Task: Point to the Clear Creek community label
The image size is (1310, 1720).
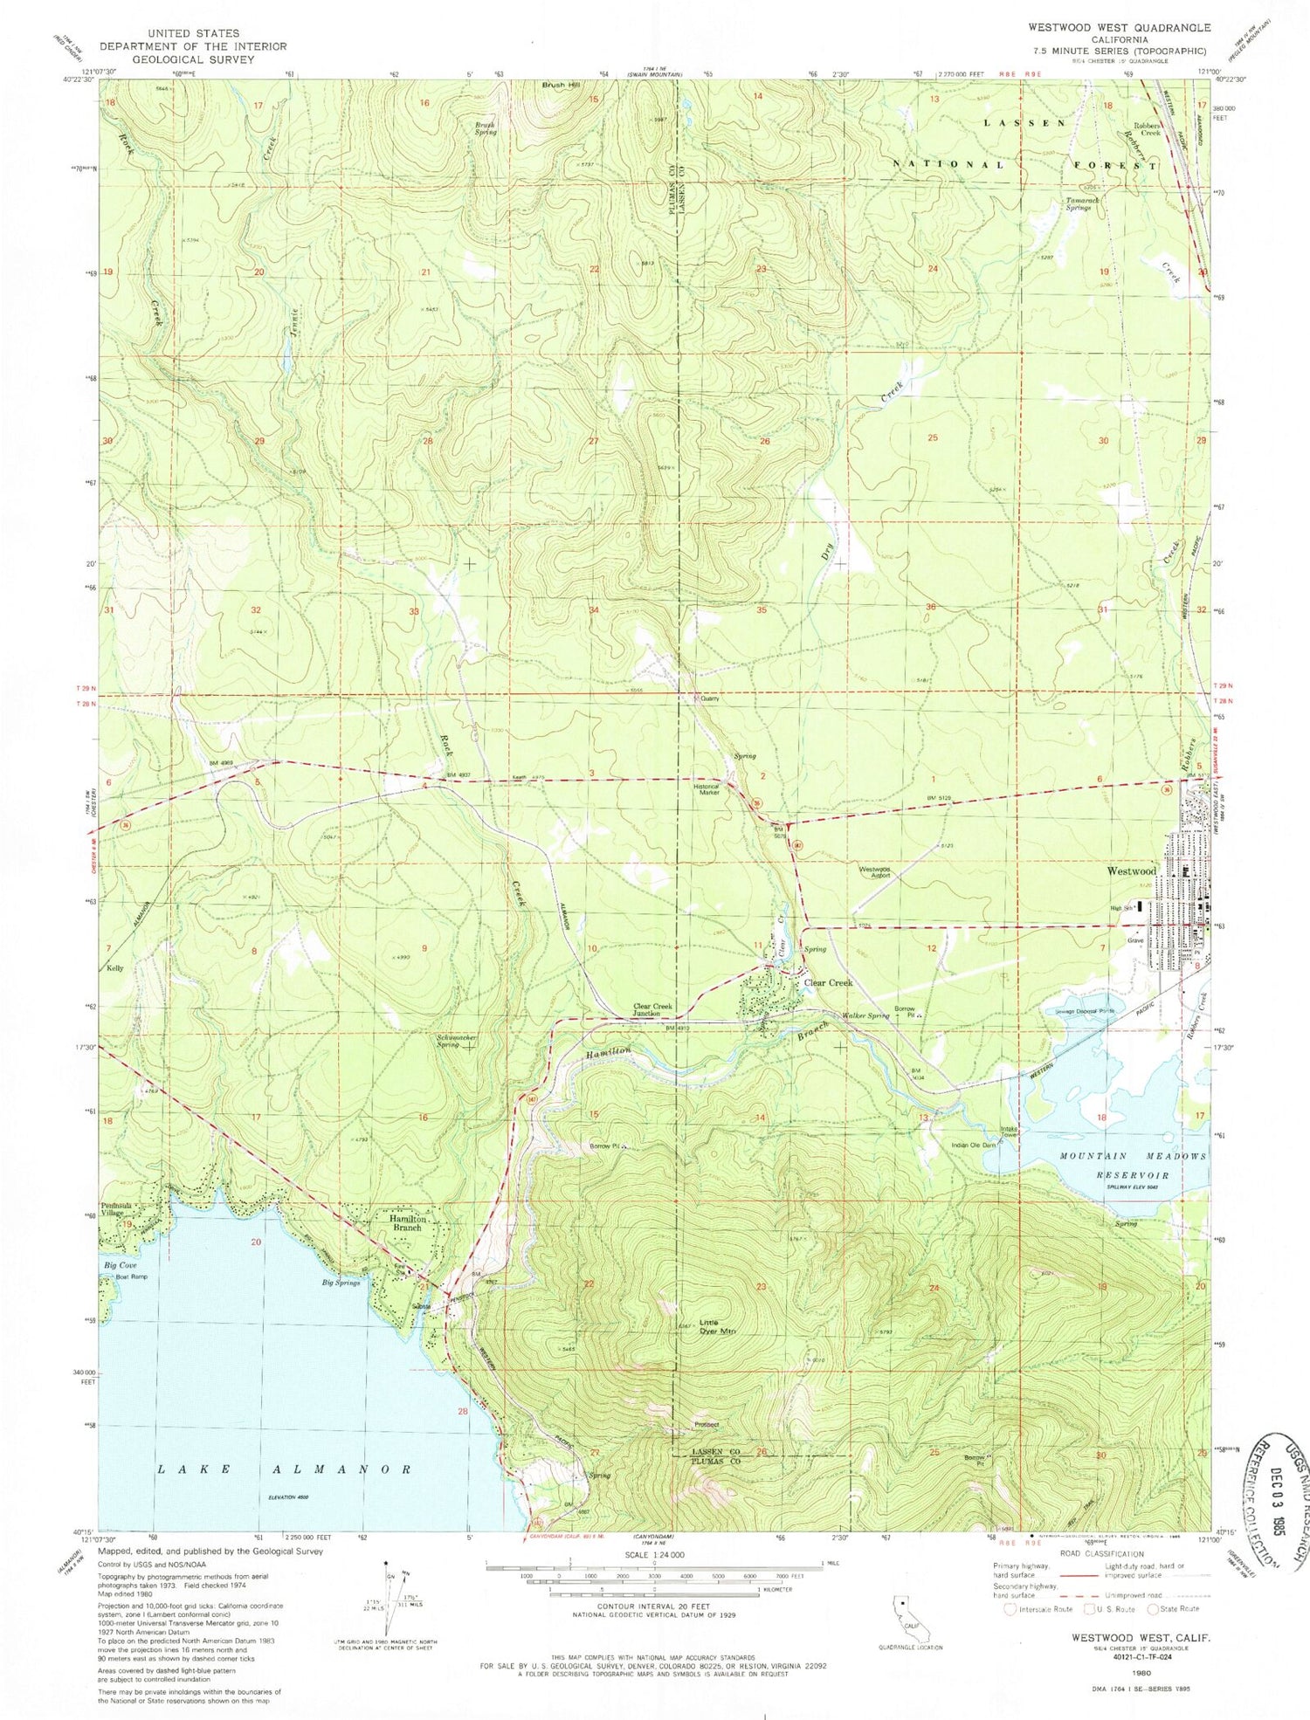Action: [827, 983]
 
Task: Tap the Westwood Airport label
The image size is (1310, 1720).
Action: [874, 872]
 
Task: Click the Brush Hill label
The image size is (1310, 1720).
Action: [561, 86]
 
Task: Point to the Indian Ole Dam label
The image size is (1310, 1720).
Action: [973, 1145]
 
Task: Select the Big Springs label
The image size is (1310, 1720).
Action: [341, 1283]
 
